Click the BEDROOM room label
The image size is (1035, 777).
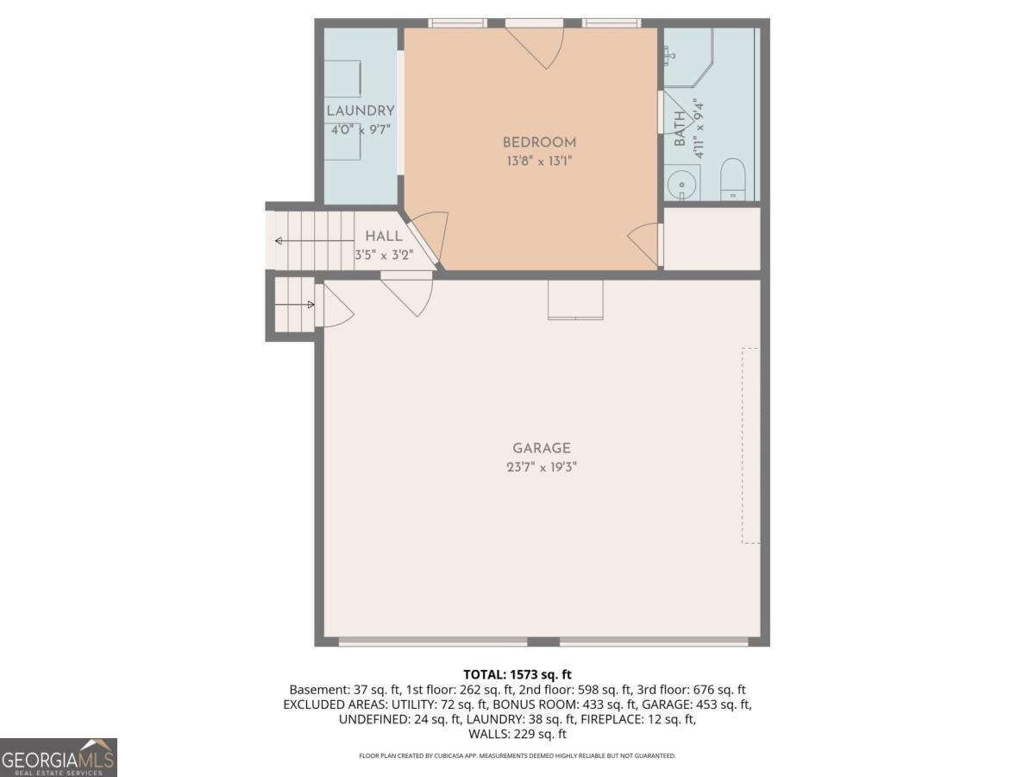tap(539, 142)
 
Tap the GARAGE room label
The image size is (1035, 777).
tap(542, 448)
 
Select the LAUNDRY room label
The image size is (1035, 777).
tap(361, 111)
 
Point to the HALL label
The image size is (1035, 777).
tap(384, 236)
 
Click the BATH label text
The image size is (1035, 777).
tap(680, 129)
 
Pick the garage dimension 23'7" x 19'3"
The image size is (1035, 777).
tap(542, 467)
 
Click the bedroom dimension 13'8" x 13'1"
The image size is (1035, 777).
tap(539, 161)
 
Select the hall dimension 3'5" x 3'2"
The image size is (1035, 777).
tap(384, 256)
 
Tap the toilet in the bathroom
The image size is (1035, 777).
tap(733, 180)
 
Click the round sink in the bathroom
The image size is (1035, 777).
tap(682, 185)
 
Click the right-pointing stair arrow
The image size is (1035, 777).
tap(295, 305)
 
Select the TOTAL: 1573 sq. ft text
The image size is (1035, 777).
tap(517, 674)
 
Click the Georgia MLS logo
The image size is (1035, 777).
tap(59, 758)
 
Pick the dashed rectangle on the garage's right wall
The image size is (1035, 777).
tap(750, 445)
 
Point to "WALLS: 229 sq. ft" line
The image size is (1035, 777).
tap(517, 734)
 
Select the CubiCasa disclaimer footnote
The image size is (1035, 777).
tap(517, 755)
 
